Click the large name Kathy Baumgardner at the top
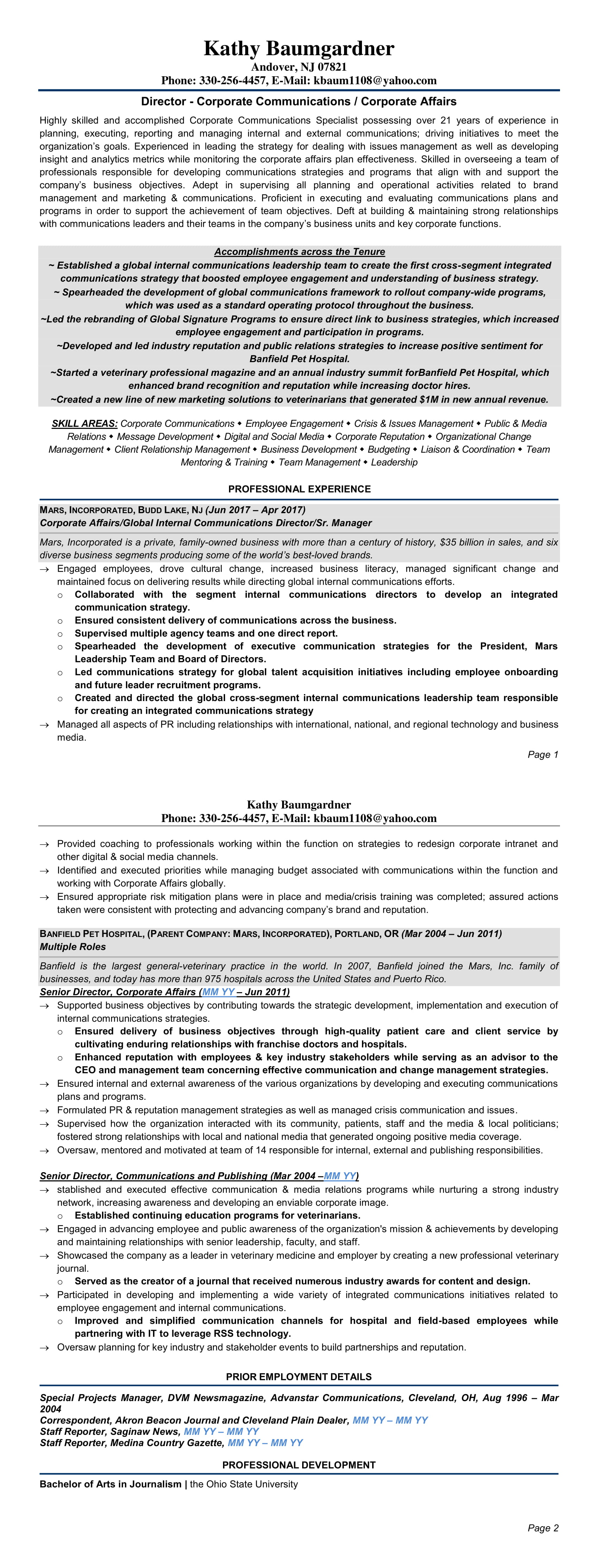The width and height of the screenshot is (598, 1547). coord(299,48)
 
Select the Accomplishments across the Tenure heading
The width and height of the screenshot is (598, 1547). coord(299,252)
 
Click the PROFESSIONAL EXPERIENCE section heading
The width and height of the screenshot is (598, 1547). coord(299,489)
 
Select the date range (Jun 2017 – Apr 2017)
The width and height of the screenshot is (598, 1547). coord(255,510)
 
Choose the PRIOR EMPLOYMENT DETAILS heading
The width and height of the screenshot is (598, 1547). coord(299,1376)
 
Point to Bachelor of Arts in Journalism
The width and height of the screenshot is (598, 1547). coord(110,1484)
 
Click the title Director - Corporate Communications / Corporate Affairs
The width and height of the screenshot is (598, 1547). coord(299,102)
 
